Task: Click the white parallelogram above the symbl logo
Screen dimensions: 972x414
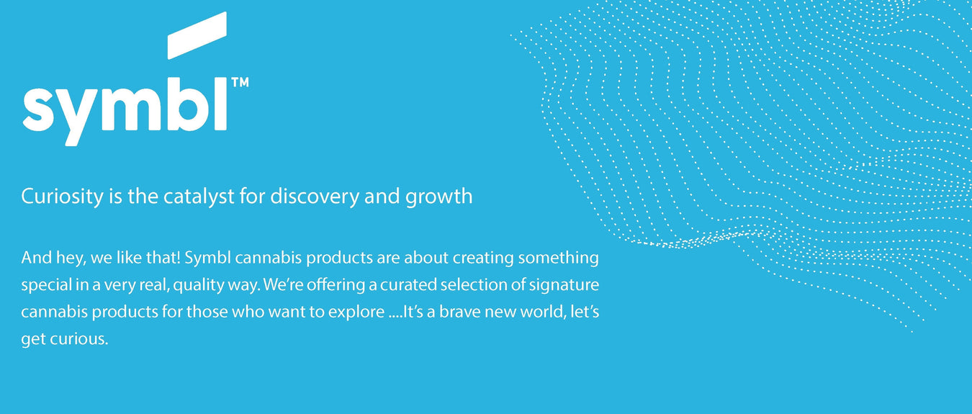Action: pos(197,35)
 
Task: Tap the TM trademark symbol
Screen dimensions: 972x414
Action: pos(240,83)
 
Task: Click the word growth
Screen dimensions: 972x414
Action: pos(438,197)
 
